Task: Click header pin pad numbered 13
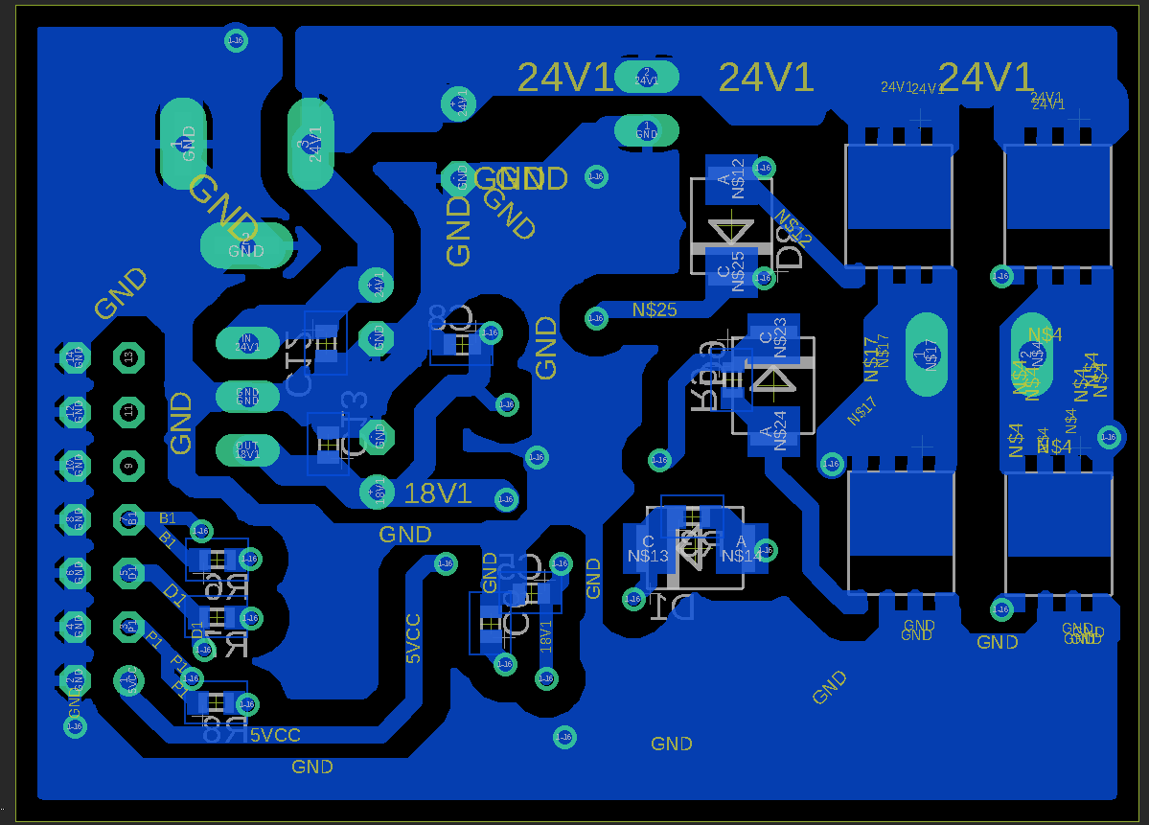tap(128, 357)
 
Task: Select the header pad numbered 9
tap(128, 466)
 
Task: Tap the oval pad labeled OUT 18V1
tap(247, 449)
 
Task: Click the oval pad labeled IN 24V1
tap(247, 342)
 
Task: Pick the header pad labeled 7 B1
tap(128, 519)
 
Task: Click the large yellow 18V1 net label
tap(438, 493)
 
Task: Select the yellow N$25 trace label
tap(655, 309)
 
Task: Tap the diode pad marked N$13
tap(648, 549)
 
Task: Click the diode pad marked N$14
tap(742, 549)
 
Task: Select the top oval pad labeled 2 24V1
tap(647, 77)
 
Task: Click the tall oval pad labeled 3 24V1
tap(310, 144)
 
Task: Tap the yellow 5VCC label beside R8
tap(275, 735)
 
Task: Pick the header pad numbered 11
tap(128, 411)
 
